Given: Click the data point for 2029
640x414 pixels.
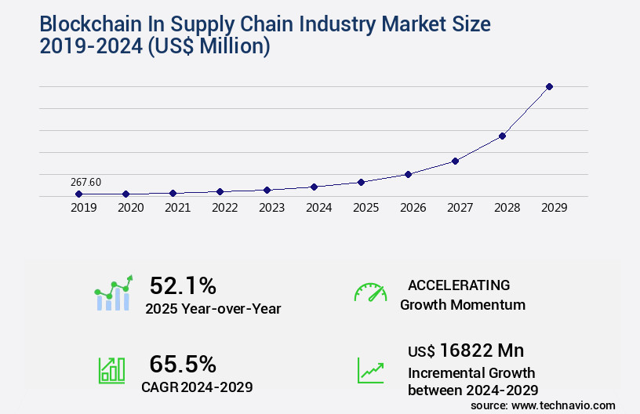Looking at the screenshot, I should [549, 86].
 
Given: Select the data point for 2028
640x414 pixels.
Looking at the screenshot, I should [502, 136].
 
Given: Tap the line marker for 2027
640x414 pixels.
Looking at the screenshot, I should [455, 161].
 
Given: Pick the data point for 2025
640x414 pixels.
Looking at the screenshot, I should [361, 182].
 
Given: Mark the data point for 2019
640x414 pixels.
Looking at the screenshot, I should [78, 194].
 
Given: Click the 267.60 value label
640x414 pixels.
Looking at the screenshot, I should [85, 183].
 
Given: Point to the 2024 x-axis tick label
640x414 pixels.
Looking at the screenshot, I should [318, 208].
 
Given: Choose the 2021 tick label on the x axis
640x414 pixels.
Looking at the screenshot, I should [177, 208].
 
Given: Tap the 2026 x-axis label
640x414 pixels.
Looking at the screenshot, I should [413, 208].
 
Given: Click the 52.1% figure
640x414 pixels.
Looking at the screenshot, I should [183, 285].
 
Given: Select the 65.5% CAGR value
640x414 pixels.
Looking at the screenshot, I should [183, 364].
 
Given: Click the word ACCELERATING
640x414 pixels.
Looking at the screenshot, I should [459, 285].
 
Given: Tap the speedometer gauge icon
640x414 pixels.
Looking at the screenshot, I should [370, 292].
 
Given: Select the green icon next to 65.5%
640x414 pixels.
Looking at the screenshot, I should [111, 370].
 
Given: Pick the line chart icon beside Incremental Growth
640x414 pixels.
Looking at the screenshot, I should [370, 370].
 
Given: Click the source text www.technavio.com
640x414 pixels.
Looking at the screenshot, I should [564, 405].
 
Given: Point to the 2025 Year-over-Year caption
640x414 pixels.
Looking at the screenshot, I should [213, 309].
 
